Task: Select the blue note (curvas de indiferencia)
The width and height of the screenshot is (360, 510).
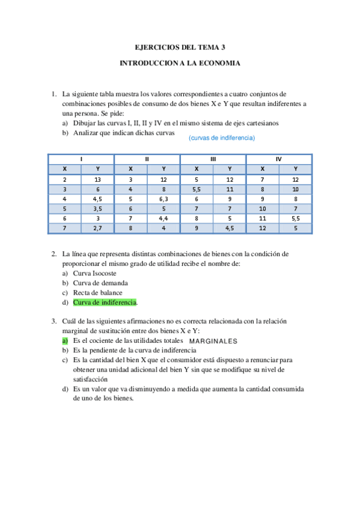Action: (222, 138)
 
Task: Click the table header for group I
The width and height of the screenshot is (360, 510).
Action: (81, 159)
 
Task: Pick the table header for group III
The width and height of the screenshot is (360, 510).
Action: (213, 159)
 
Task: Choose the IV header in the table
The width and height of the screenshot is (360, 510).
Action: (279, 159)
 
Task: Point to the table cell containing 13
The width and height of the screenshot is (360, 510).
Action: (97, 179)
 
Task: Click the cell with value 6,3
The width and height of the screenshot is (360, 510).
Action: (163, 198)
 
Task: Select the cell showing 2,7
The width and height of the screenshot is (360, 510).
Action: (97, 228)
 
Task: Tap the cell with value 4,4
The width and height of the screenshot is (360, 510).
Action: (163, 218)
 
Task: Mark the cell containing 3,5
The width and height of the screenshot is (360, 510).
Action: (97, 208)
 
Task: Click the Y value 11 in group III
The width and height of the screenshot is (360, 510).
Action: (230, 189)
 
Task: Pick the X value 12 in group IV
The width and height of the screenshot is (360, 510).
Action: (263, 228)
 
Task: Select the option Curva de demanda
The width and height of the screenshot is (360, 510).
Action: (100, 283)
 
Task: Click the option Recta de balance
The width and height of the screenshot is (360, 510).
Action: (98, 292)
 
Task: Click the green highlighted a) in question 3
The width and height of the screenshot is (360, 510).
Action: (65, 340)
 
